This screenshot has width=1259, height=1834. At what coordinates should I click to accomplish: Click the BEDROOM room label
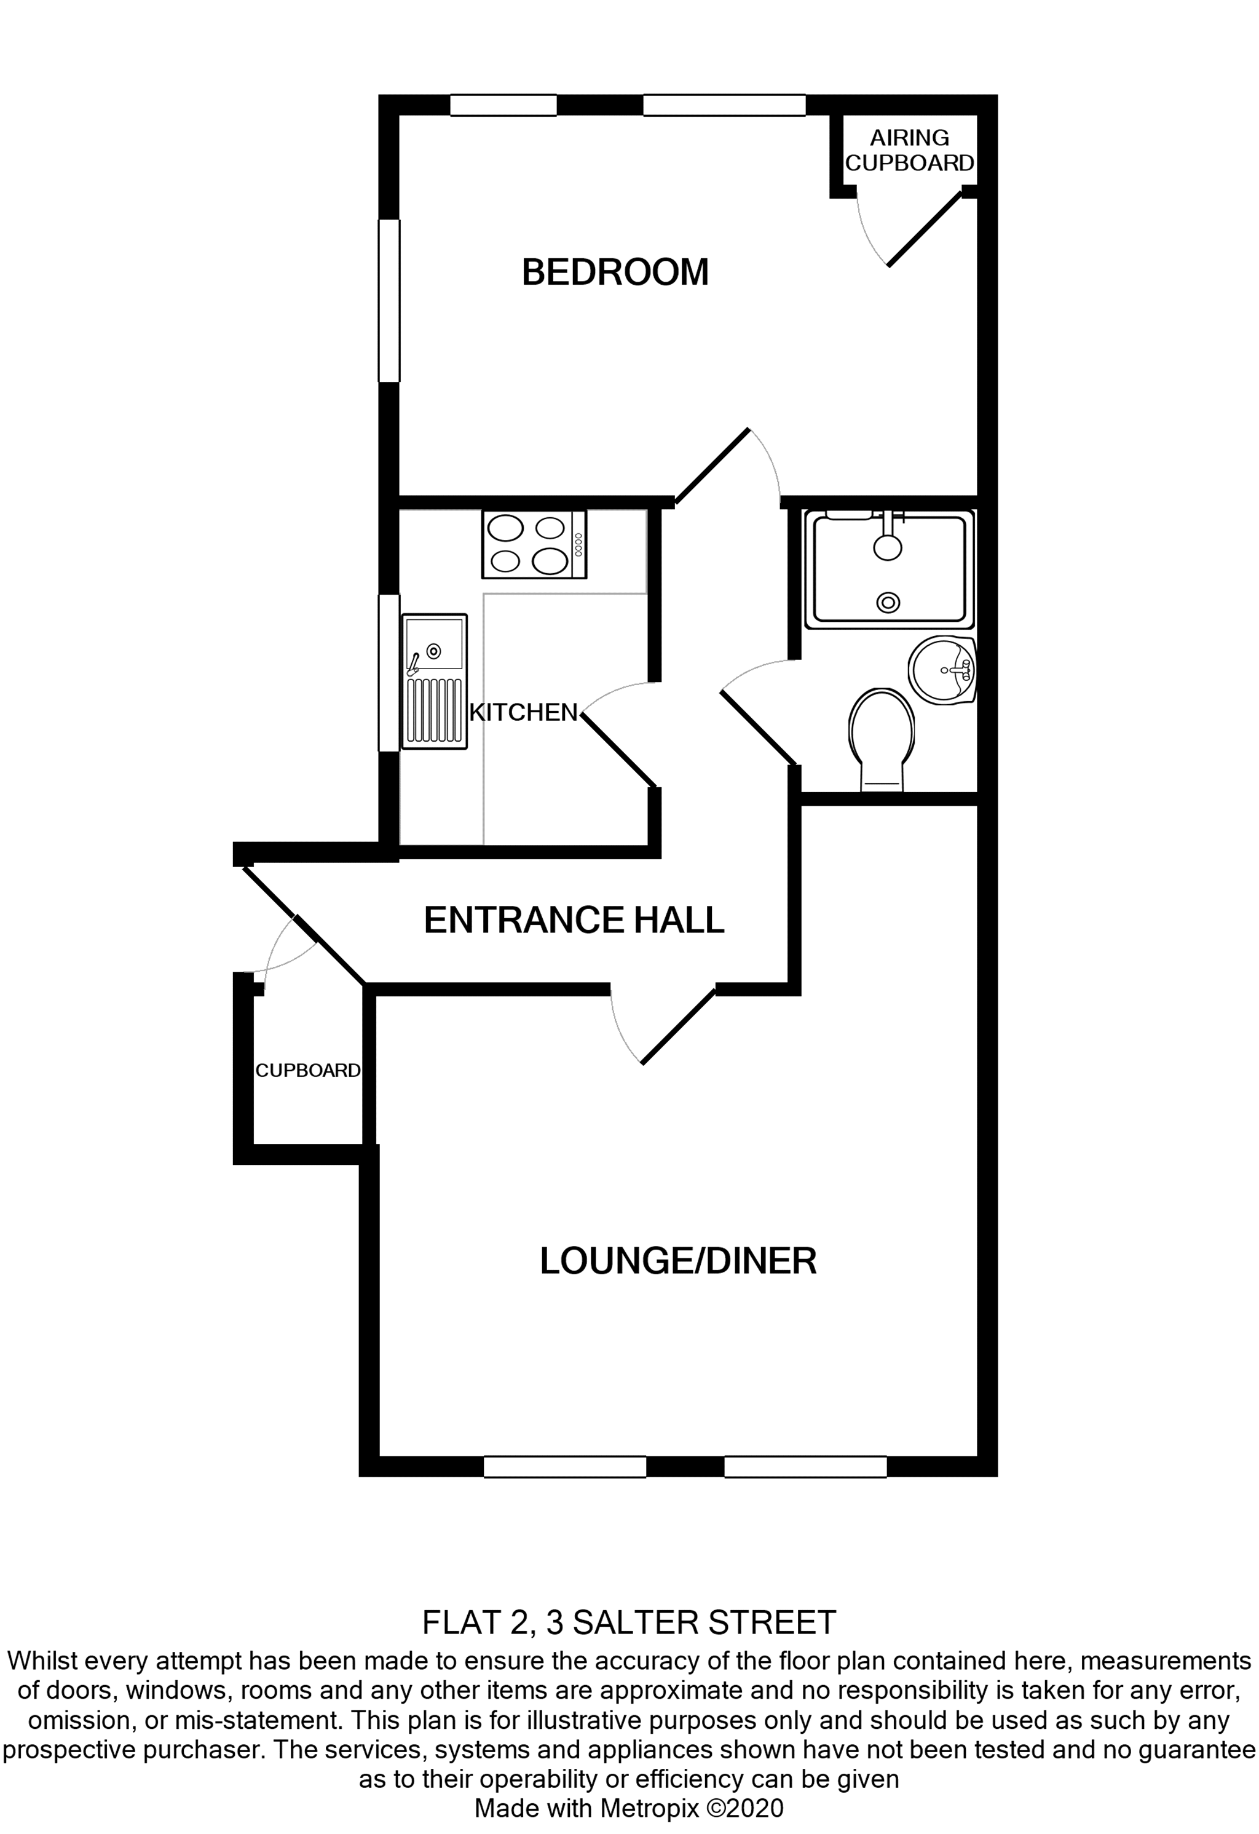(615, 272)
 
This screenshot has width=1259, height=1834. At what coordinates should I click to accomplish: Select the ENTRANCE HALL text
(574, 920)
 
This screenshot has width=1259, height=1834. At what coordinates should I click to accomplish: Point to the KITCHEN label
(524, 713)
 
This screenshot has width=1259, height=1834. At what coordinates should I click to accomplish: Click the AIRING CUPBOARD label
(910, 151)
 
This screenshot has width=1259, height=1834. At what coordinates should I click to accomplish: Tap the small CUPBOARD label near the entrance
(307, 1071)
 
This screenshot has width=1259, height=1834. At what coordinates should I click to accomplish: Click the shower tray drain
(889, 603)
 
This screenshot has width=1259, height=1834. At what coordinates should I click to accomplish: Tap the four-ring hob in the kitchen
(534, 544)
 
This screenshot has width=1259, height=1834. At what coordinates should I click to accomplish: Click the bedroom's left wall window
(389, 301)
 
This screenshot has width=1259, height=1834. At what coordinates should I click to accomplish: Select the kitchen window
(389, 672)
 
